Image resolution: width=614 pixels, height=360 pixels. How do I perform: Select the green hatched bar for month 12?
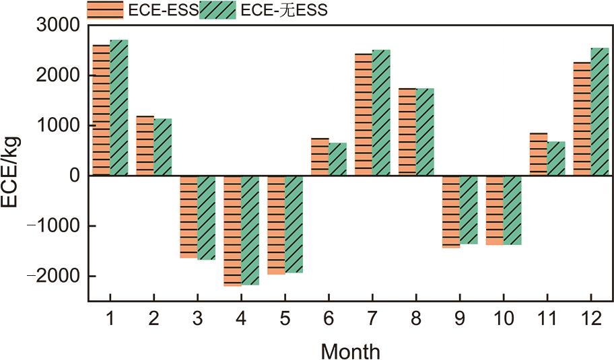click(600, 112)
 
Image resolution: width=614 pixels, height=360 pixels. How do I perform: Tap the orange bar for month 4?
click(232, 231)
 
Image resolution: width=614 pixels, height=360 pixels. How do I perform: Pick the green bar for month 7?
click(381, 113)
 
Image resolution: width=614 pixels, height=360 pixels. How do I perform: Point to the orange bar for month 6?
click(320, 157)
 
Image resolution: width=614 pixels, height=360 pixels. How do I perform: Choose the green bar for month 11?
click(556, 159)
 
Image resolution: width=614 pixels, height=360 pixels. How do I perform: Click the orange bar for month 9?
click(451, 211)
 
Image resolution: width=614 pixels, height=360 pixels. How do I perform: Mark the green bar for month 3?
click(206, 217)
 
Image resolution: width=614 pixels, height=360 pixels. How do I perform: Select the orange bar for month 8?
click(407, 132)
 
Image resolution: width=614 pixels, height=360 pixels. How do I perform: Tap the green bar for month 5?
click(294, 224)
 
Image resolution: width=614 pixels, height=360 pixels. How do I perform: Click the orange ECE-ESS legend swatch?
click(104, 10)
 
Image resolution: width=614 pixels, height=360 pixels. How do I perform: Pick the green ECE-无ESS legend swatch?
click(217, 10)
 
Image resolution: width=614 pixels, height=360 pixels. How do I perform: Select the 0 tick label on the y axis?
click(75, 176)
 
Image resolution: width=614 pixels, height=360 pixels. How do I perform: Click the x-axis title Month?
click(350, 351)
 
